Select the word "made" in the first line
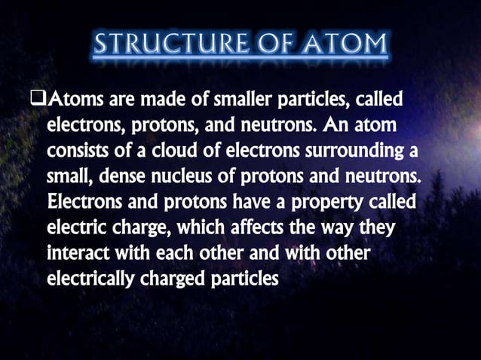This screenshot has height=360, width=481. (155, 99)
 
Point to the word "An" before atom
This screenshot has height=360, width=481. (331, 124)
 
